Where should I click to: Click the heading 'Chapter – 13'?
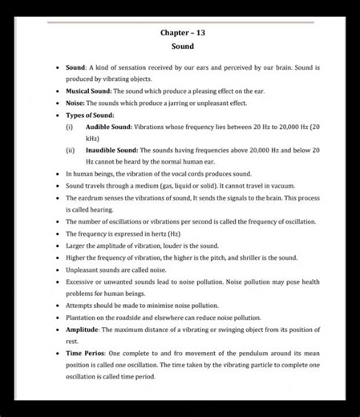(x=182, y=33)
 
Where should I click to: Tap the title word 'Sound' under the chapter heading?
(x=182, y=47)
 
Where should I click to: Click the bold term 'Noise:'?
(x=75, y=103)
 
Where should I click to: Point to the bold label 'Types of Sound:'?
(x=90, y=115)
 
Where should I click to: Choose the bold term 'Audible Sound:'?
(x=109, y=128)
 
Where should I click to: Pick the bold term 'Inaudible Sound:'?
(x=111, y=150)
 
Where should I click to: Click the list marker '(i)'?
(x=69, y=128)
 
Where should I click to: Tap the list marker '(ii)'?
(x=70, y=150)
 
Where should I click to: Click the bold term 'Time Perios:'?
(x=85, y=353)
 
